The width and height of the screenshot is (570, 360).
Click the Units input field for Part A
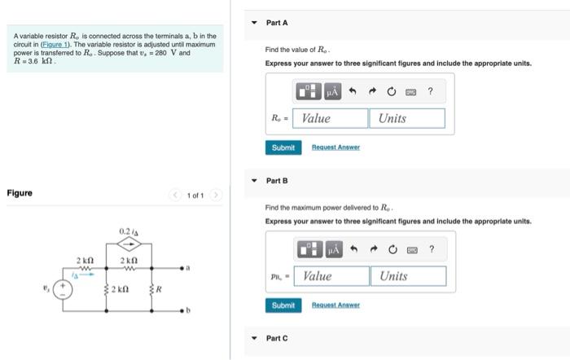pos(409,118)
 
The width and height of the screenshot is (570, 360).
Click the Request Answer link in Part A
pos(335,147)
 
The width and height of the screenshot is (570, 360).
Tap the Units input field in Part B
pos(410,276)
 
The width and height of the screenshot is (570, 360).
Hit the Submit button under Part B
pos(283,305)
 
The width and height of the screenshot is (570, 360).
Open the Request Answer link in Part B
pos(335,305)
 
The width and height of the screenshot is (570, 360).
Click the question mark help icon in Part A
pos(431,90)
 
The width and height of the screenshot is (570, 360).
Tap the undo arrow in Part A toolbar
pos(353,90)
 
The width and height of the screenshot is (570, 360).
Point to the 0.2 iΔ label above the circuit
pos(129,230)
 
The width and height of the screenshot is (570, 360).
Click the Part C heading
pos(276,338)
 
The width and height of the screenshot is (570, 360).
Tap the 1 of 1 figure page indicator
pos(195,195)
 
